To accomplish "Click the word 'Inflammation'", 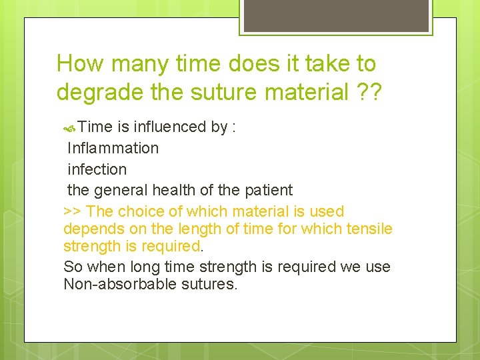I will point(113,148).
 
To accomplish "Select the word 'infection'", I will point(97,169).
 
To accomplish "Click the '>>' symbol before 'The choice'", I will point(73,211).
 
